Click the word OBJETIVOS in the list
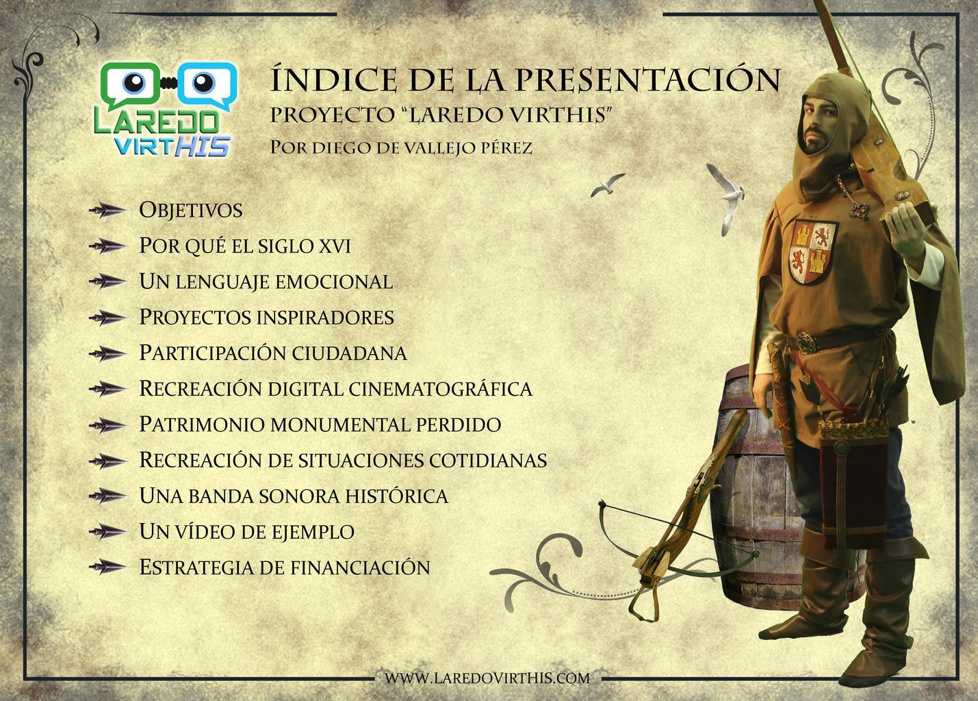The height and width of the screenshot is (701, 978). [x=191, y=210]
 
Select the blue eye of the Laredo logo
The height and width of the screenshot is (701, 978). [x=203, y=82]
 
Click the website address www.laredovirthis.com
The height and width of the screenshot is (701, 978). [x=487, y=678]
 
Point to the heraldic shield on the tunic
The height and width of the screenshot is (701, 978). [x=812, y=253]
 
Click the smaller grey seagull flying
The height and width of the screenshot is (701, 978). [x=607, y=185]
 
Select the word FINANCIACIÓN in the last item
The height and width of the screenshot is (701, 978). [x=360, y=568]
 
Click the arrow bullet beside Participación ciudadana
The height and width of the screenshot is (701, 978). [x=107, y=353]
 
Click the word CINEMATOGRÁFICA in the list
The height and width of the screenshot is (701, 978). [x=441, y=388]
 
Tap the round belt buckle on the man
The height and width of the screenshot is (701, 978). [x=803, y=341]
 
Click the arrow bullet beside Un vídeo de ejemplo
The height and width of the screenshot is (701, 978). [x=107, y=532]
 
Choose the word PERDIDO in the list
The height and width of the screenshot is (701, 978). [x=459, y=424]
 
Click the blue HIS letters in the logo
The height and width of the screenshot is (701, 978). [x=203, y=145]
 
